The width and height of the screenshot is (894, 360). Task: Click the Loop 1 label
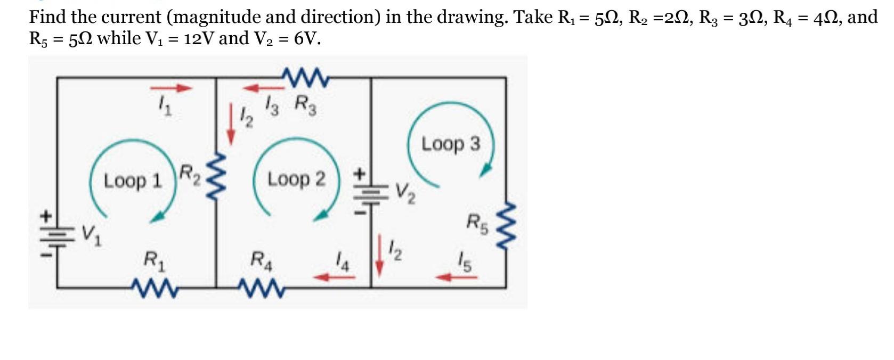[x=133, y=181]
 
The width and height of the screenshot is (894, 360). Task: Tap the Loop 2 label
[x=296, y=179]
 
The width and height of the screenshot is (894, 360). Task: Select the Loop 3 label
[x=451, y=144]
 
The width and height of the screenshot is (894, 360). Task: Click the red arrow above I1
[x=170, y=88]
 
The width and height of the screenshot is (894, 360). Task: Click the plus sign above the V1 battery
[x=46, y=216]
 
